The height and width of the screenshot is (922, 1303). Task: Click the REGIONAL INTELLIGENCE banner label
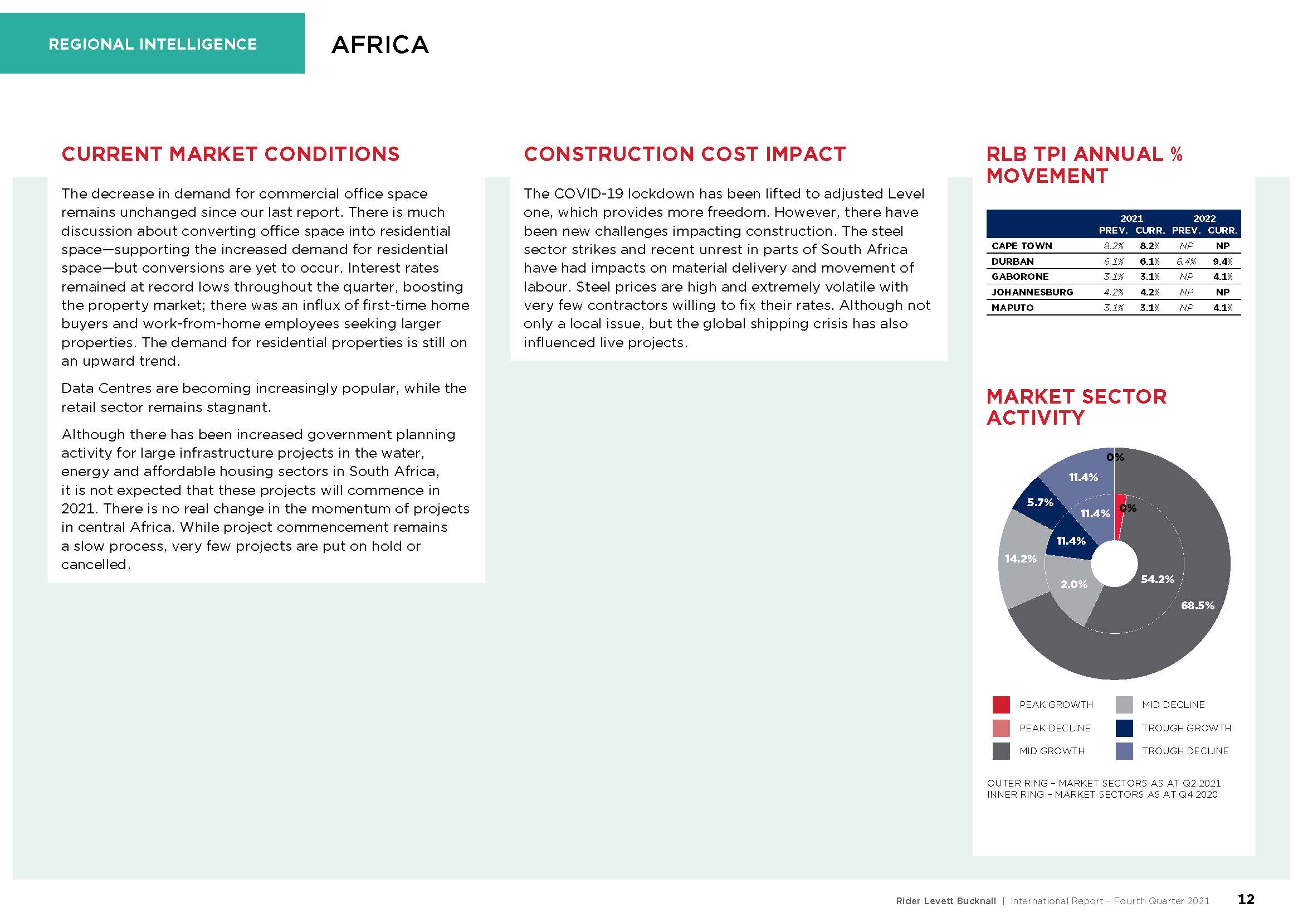click(x=153, y=44)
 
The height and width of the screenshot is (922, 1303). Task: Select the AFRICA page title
click(x=380, y=45)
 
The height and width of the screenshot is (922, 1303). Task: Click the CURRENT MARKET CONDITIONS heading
click(x=231, y=154)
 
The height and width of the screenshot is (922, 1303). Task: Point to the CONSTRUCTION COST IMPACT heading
click(x=685, y=154)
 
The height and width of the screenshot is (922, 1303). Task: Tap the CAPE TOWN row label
click(x=1022, y=246)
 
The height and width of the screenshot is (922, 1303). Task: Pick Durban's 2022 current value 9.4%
click(x=1222, y=262)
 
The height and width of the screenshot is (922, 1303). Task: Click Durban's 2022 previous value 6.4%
click(x=1186, y=262)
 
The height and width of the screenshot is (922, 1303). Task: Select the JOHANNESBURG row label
click(x=1032, y=293)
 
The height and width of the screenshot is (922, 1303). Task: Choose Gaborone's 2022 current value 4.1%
click(x=1222, y=277)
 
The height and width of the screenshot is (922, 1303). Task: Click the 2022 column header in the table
click(x=1204, y=219)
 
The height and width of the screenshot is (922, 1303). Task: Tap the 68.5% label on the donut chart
click(x=1198, y=606)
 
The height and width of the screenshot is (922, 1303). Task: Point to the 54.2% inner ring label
click(x=1157, y=579)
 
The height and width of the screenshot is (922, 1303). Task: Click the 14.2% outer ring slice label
click(x=1021, y=559)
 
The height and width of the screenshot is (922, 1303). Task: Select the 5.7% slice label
click(x=1040, y=502)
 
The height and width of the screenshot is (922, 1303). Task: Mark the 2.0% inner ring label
click(x=1073, y=584)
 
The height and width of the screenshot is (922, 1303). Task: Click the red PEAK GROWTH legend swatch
click(x=1001, y=705)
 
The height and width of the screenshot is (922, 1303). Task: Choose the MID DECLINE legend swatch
click(x=1124, y=705)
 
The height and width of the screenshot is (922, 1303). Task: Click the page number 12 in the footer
click(x=1246, y=900)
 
